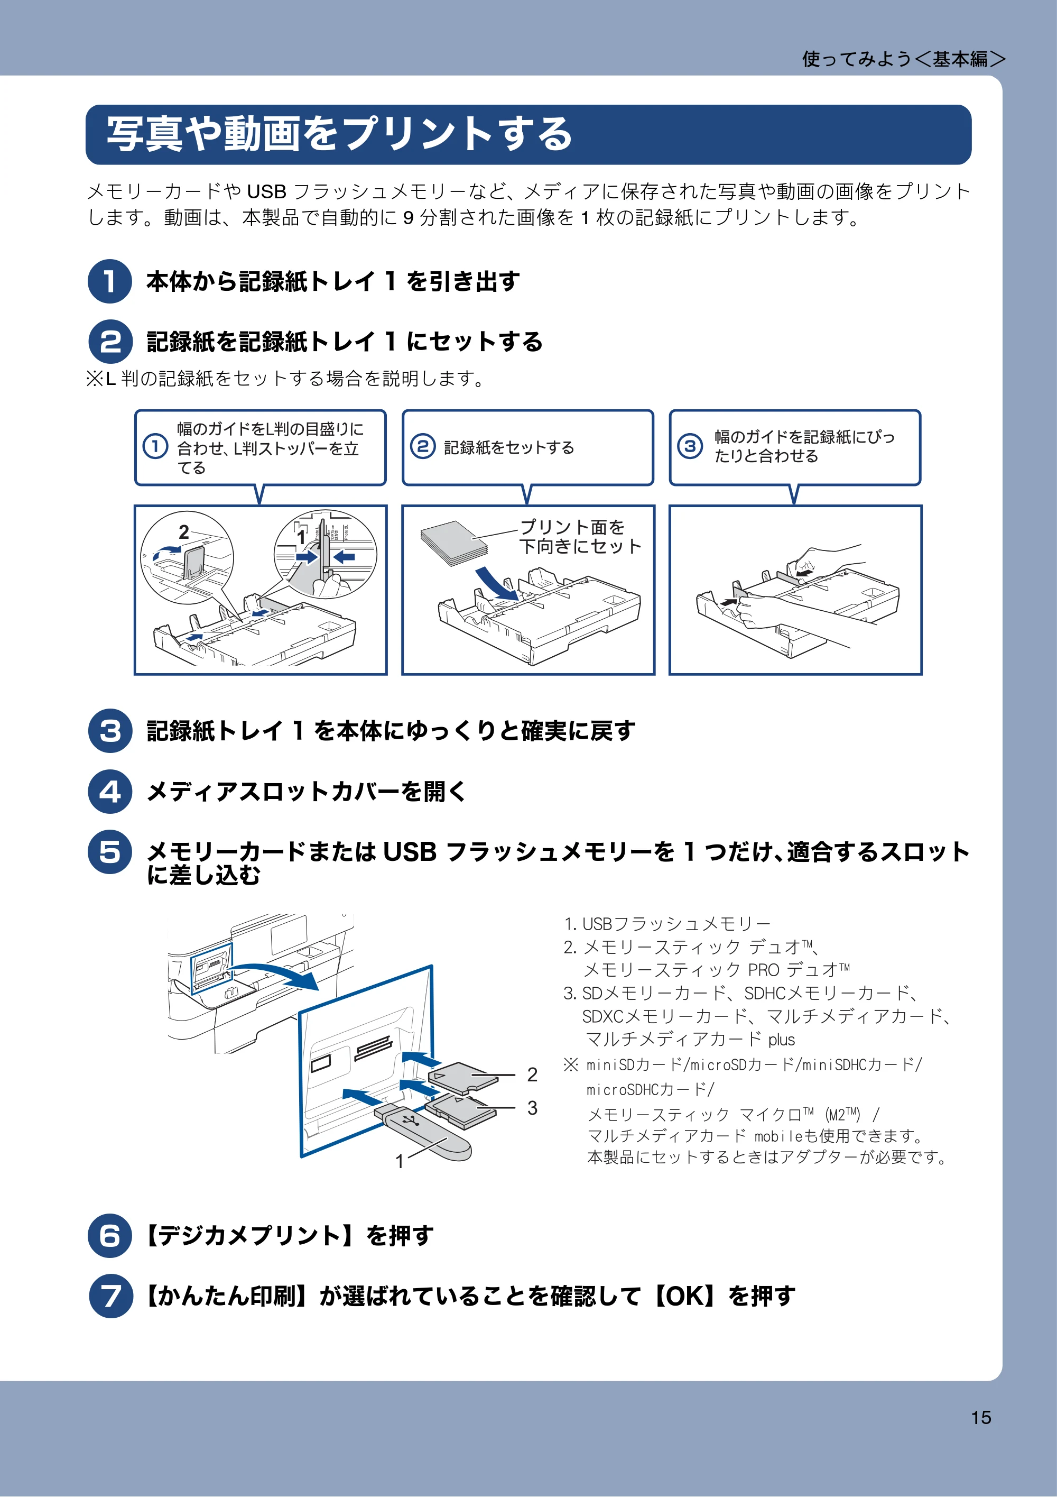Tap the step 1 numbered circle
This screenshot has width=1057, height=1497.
(x=110, y=281)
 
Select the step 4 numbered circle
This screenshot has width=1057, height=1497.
(x=110, y=791)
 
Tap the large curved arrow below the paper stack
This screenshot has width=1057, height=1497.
(x=497, y=582)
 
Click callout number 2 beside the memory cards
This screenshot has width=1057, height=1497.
(x=532, y=1074)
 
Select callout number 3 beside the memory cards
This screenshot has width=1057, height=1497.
(x=532, y=1108)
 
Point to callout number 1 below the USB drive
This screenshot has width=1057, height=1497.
(x=400, y=1161)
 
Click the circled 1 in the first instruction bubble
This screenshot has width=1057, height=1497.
(x=155, y=447)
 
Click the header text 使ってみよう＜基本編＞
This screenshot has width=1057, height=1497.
(x=904, y=59)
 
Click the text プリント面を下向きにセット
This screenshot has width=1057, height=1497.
(x=580, y=536)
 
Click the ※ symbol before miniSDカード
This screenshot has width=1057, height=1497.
(x=571, y=1065)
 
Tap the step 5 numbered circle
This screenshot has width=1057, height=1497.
(x=110, y=851)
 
